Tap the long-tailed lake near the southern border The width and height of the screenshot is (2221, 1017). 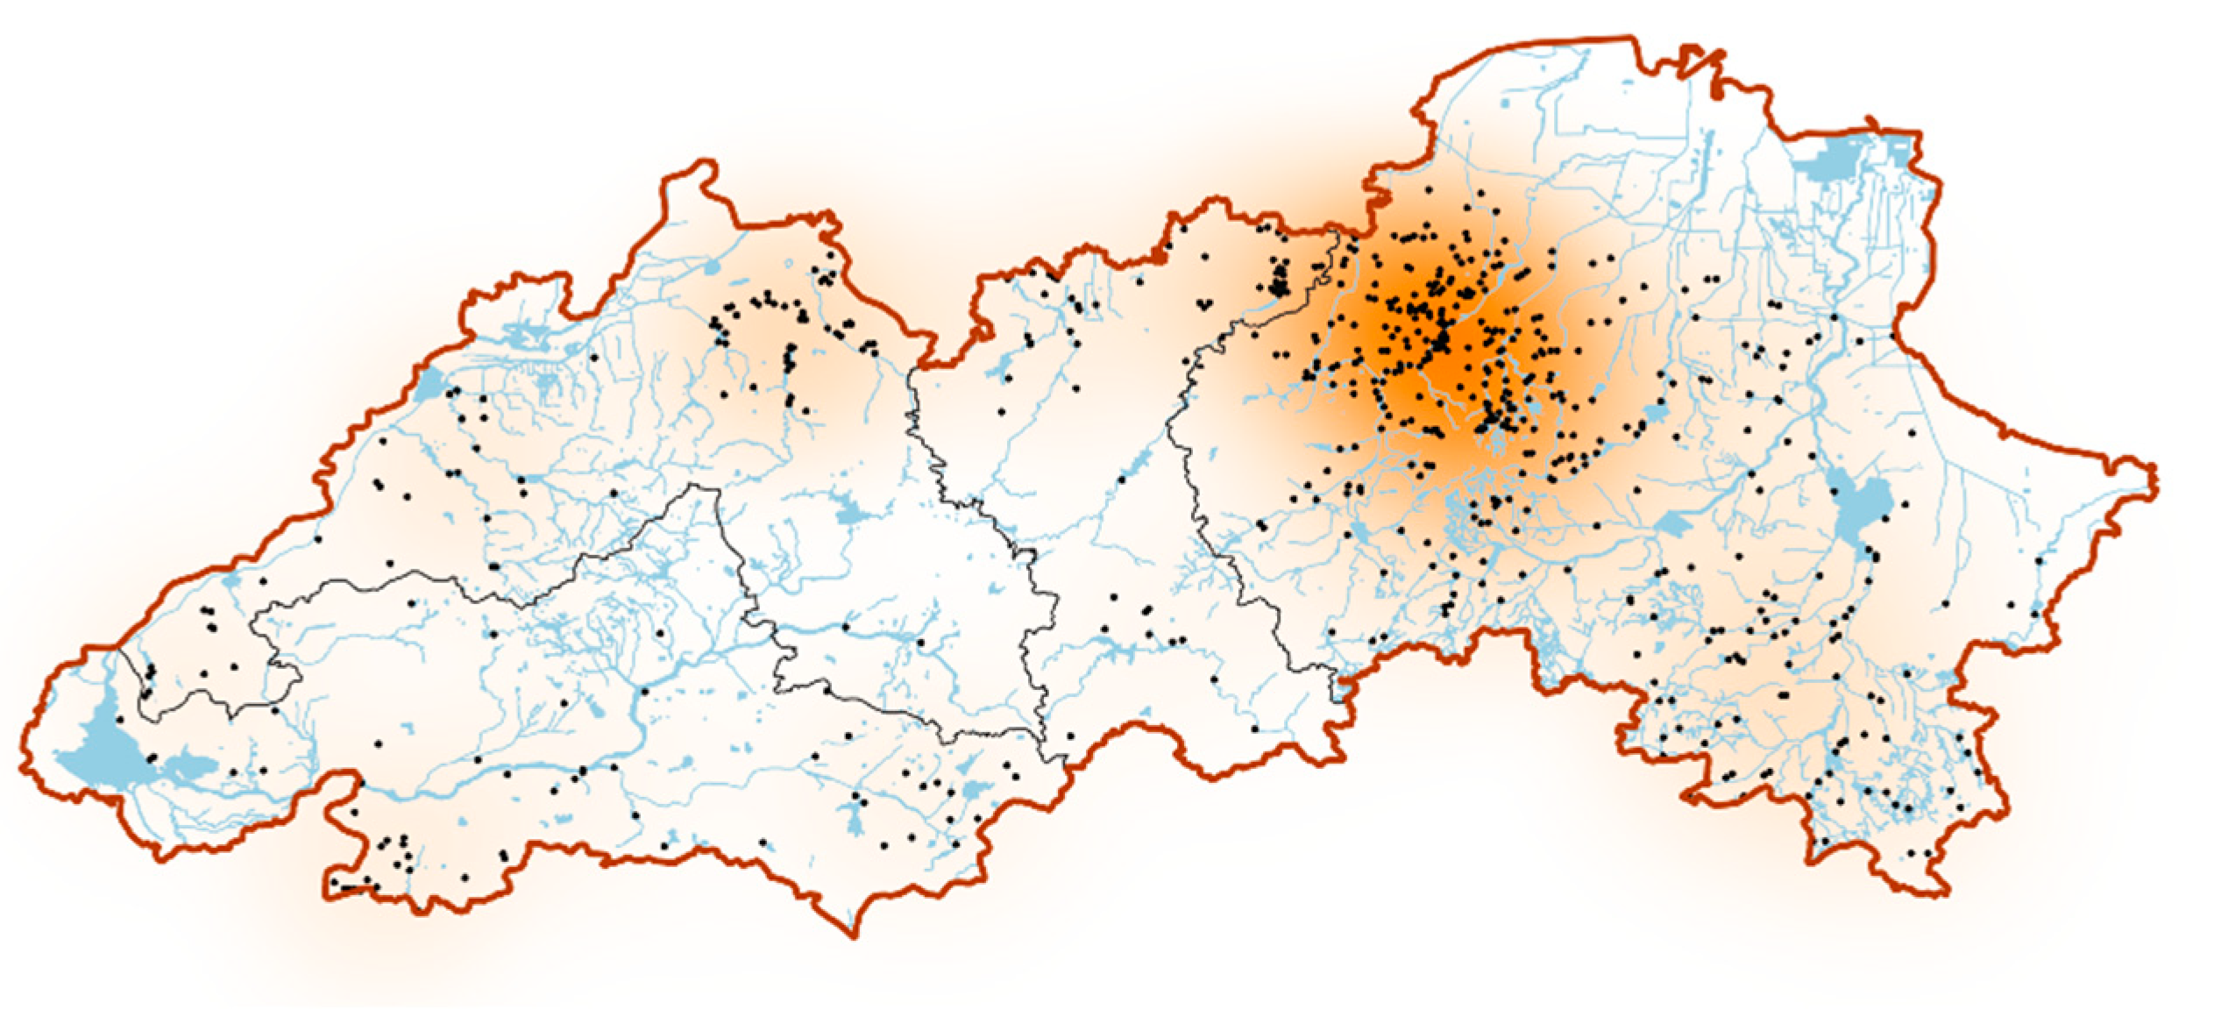tap(855, 815)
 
